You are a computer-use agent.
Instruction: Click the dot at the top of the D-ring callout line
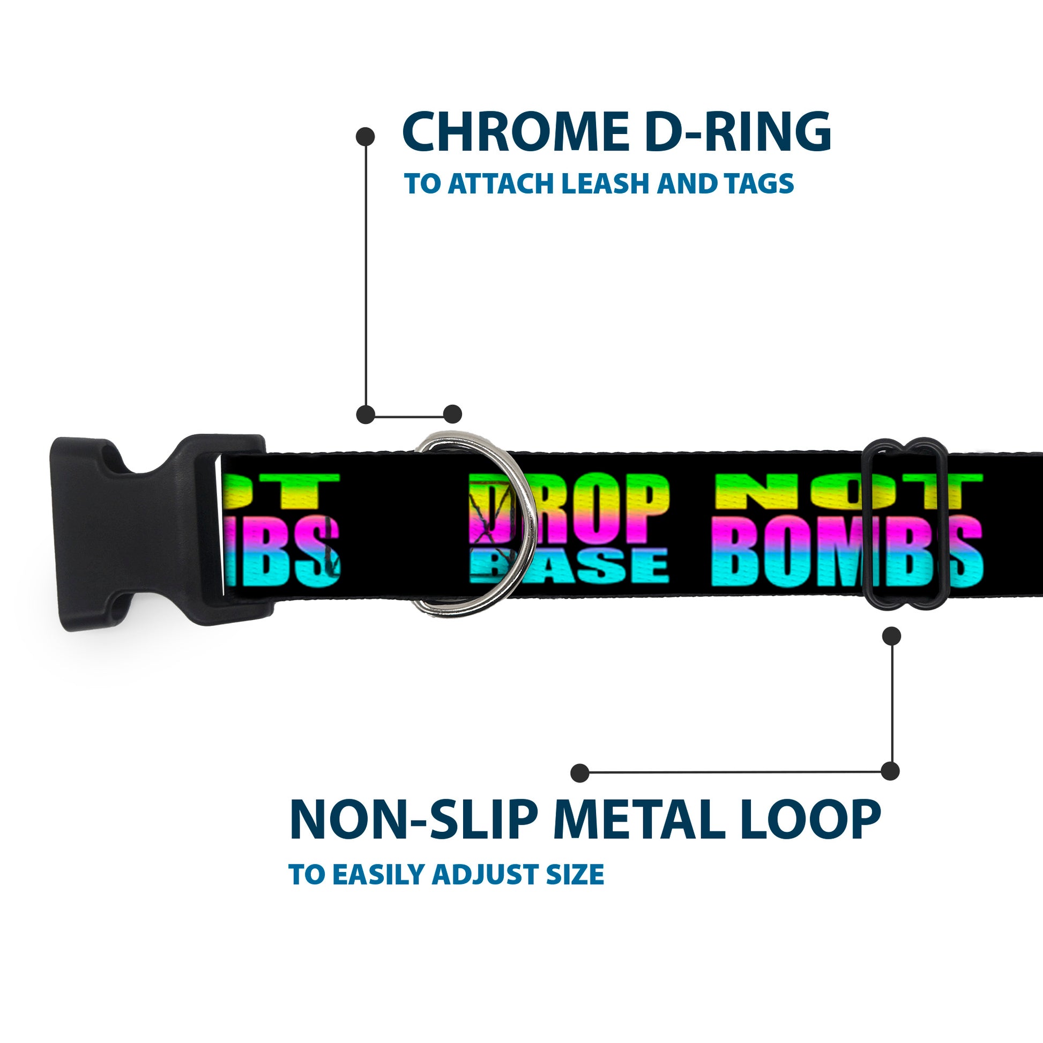pyautogui.click(x=366, y=137)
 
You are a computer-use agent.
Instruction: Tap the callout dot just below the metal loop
pyautogui.click(x=892, y=636)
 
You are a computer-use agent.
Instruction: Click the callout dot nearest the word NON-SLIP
pyautogui.click(x=580, y=773)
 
